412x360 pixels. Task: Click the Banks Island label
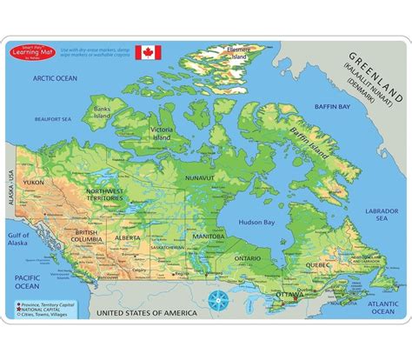click(x=104, y=112)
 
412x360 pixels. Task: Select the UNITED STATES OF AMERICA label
click(x=143, y=310)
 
